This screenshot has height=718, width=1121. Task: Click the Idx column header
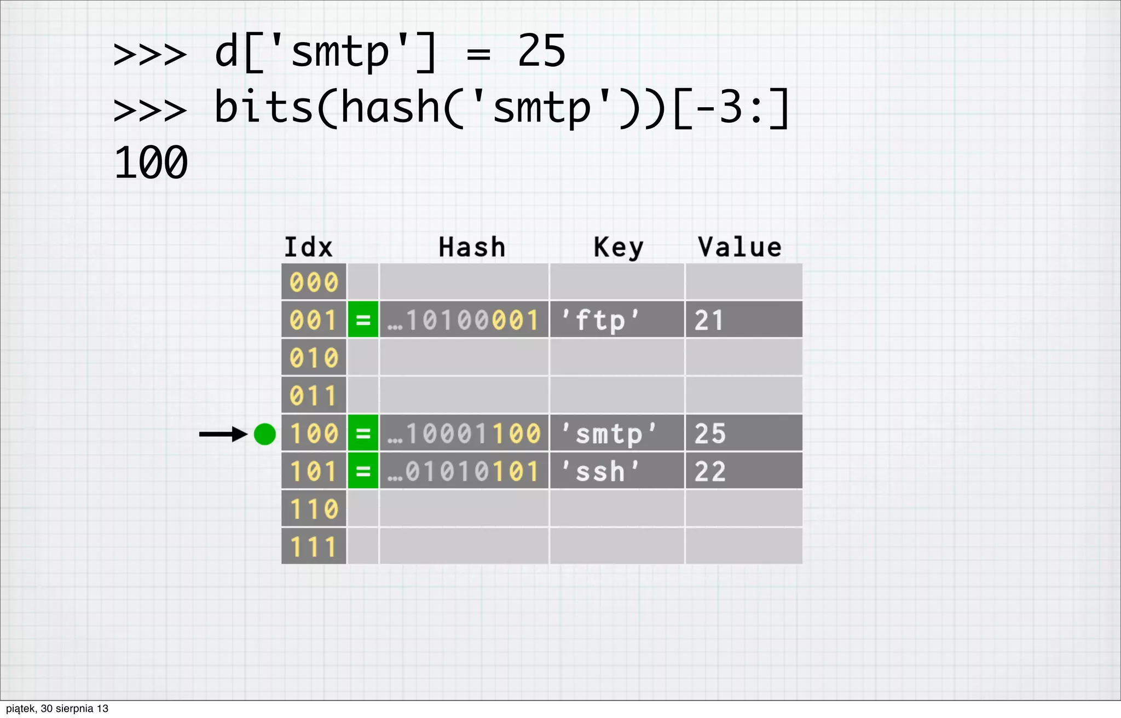click(x=308, y=247)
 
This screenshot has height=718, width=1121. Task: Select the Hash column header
click(x=472, y=247)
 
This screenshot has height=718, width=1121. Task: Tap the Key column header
click(x=619, y=247)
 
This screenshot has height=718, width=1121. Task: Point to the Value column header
click(x=739, y=247)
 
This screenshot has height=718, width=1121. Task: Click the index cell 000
click(x=314, y=282)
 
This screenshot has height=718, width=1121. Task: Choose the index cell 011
click(x=314, y=396)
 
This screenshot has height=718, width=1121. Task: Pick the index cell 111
click(x=314, y=547)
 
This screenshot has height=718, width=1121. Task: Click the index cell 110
click(x=314, y=509)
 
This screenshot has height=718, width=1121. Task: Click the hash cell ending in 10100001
click(x=464, y=320)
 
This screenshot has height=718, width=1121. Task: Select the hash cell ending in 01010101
click(x=464, y=471)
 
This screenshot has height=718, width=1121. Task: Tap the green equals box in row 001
click(x=363, y=320)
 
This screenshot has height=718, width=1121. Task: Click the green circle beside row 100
click(x=265, y=434)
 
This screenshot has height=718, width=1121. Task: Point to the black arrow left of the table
click(x=223, y=434)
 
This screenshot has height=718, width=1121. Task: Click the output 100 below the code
click(x=151, y=163)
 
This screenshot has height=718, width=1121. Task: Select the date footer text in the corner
click(x=57, y=709)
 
